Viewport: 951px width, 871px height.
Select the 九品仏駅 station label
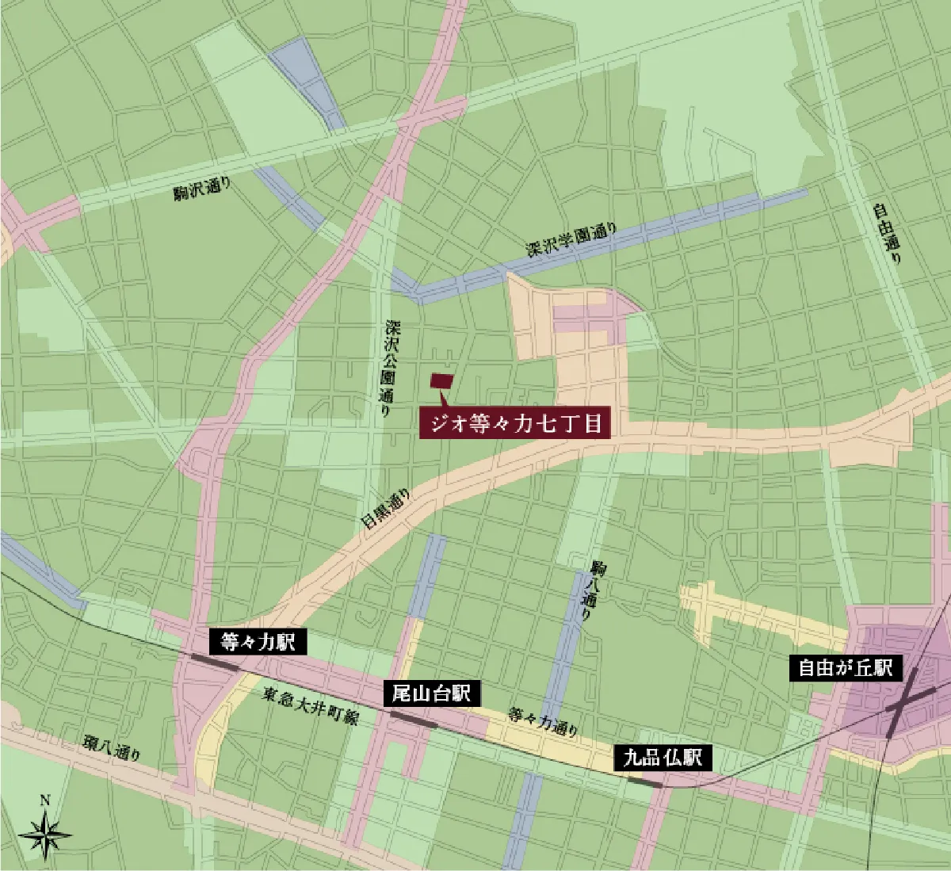[x=663, y=758]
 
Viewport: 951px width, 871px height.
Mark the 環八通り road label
[x=112, y=748]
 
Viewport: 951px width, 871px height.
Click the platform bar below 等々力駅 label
[x=216, y=663]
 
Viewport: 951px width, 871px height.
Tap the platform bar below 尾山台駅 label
[x=412, y=719]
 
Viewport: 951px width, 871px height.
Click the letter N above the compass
[x=45, y=800]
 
